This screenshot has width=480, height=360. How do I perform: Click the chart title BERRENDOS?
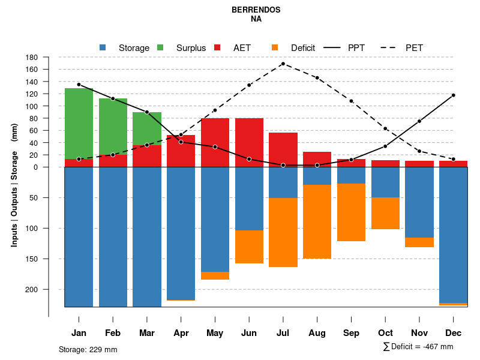(256, 10)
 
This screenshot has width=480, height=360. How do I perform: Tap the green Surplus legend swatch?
(160, 47)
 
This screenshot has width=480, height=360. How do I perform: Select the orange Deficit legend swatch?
(275, 47)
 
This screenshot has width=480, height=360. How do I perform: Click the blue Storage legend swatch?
(103, 47)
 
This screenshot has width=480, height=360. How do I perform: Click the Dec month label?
(453, 333)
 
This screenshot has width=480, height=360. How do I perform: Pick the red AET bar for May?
(215, 142)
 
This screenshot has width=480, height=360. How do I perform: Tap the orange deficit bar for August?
(317, 221)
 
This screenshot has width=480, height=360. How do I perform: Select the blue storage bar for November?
(419, 202)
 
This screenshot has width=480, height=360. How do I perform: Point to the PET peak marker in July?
(283, 64)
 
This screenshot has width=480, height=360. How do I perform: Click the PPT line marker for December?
(453, 95)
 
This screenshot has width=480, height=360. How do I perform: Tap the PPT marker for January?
(79, 85)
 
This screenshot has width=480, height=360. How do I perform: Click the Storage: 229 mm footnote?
(88, 349)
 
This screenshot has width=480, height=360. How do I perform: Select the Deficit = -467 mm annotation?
(418, 347)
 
